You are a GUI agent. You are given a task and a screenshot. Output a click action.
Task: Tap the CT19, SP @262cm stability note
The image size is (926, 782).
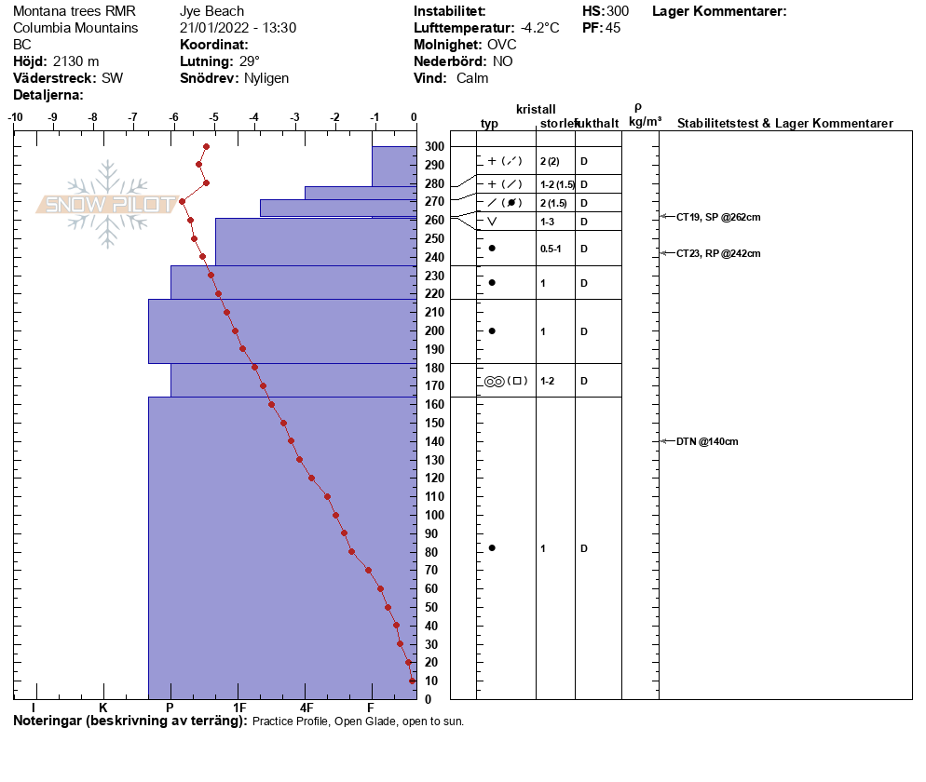(718, 217)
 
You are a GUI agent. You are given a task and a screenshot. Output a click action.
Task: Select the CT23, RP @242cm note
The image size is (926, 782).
(718, 253)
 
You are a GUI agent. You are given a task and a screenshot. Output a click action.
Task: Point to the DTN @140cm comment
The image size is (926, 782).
(707, 441)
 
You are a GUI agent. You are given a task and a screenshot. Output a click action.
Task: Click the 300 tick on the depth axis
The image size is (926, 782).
(434, 147)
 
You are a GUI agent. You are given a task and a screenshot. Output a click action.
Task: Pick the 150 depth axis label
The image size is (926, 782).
(434, 424)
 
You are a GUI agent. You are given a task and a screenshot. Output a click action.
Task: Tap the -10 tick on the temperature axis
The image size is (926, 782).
(15, 118)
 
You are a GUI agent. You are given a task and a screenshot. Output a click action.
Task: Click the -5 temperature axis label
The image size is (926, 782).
(214, 118)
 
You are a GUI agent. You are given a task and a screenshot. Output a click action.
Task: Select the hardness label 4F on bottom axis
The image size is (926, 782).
(306, 708)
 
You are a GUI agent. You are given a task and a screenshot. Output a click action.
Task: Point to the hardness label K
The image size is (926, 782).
(103, 708)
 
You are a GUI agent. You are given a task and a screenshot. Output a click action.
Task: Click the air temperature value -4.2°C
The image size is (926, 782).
(539, 28)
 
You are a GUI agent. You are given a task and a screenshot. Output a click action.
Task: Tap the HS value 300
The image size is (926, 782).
(618, 11)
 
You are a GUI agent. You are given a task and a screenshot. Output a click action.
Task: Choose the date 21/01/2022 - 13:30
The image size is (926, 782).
(238, 28)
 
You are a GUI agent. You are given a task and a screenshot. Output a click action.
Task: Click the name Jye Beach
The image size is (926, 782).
(211, 11)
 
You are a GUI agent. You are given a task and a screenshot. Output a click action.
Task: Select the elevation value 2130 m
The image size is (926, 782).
(75, 61)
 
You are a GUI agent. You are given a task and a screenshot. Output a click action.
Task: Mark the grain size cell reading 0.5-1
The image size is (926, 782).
(551, 249)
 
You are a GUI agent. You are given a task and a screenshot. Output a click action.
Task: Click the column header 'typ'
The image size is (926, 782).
(489, 124)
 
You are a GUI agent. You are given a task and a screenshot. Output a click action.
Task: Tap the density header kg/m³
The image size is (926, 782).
(645, 122)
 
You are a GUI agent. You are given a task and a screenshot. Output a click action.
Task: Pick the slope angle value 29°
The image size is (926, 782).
(249, 61)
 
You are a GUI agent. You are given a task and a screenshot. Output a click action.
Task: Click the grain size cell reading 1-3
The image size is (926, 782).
(548, 222)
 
